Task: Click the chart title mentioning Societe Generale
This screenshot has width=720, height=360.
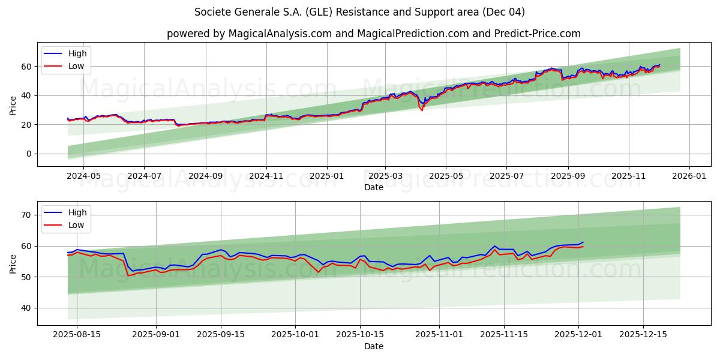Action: click(360, 12)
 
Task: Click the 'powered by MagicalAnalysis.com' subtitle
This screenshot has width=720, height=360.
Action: click(373, 34)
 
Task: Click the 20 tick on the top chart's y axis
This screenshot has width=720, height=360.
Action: click(27, 125)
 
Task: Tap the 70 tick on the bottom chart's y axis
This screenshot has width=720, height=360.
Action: click(27, 215)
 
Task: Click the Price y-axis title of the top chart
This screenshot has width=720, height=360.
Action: click(13, 106)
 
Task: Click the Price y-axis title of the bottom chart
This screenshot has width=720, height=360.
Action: click(13, 264)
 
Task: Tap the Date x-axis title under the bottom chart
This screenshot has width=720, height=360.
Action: click(373, 347)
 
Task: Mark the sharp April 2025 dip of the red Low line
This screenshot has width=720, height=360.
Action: click(422, 110)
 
